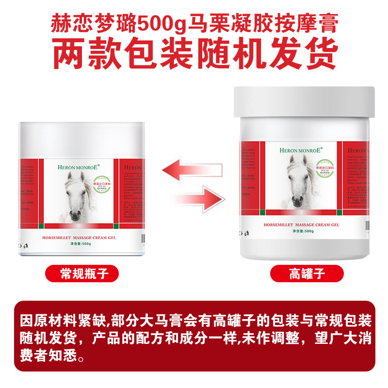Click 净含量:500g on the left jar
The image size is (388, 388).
(80, 244)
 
